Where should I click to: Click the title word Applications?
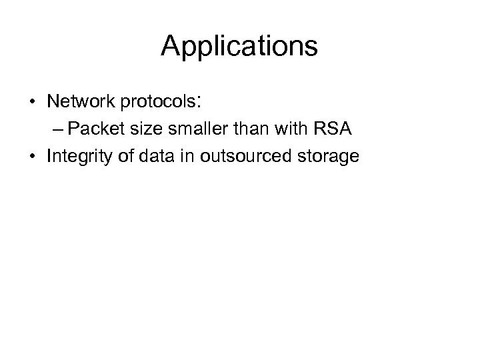(239, 47)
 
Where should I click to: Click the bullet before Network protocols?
(32, 104)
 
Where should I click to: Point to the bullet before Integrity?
(32, 157)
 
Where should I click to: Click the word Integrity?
(75, 157)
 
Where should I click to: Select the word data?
(147, 157)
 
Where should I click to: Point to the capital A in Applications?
(171, 46)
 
